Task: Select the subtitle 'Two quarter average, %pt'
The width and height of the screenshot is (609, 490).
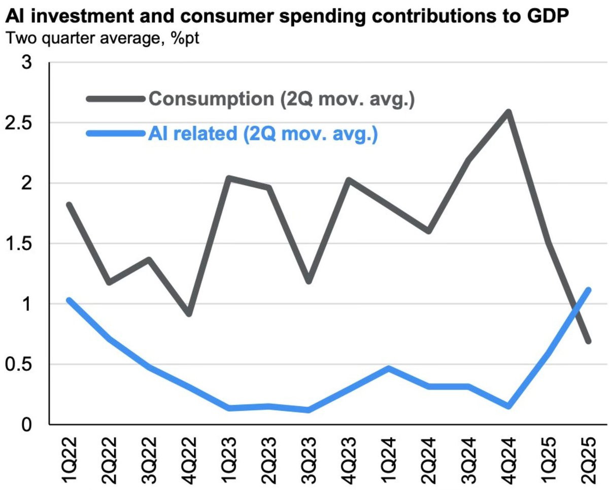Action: [101, 38]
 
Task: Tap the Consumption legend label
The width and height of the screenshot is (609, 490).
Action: [282, 98]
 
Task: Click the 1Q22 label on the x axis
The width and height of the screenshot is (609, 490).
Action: [69, 459]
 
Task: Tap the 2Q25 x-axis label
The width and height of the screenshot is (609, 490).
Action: [589, 459]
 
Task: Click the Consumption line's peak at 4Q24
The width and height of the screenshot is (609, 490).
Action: [509, 112]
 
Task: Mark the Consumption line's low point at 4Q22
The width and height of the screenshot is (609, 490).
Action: [189, 314]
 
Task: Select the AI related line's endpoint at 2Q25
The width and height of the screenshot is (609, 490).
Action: [589, 290]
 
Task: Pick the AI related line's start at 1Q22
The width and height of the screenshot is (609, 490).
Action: [69, 300]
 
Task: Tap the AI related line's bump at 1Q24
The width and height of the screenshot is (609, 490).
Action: [389, 368]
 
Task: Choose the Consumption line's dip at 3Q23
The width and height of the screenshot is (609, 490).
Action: [309, 281]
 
